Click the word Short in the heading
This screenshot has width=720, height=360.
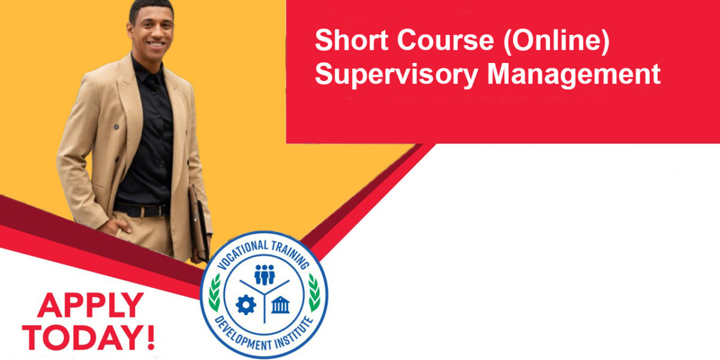tap(352, 41)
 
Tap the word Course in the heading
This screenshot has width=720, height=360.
tap(445, 41)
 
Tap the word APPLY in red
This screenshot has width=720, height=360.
tap(91, 305)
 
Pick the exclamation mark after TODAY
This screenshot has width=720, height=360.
tap(151, 337)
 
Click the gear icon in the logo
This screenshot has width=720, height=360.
tap(246, 305)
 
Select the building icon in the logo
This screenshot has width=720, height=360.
tap(280, 304)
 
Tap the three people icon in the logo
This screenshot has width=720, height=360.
tap(265, 275)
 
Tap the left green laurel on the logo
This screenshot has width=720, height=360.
tap(214, 293)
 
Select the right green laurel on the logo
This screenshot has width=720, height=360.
tap(314, 293)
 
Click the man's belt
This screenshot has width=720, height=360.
tap(142, 209)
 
